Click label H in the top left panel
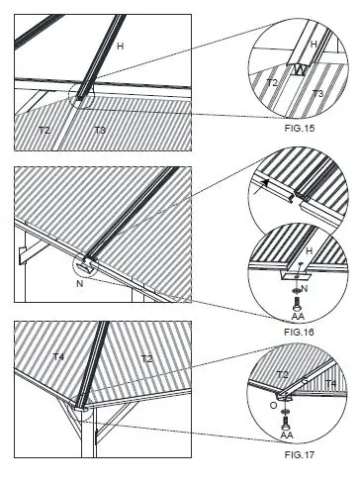pyautogui.click(x=121, y=46)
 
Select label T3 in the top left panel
pyautogui.click(x=99, y=130)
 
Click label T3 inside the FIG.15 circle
pyautogui.click(x=318, y=92)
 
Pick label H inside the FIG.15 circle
pyautogui.click(x=314, y=45)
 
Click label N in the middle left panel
pyautogui.click(x=78, y=283)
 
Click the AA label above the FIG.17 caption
pyautogui.click(x=286, y=434)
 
